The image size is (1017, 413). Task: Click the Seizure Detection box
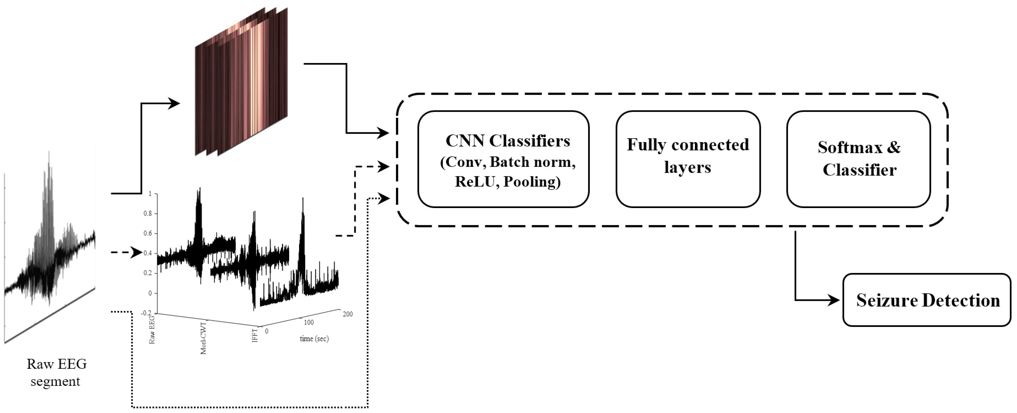point(927,300)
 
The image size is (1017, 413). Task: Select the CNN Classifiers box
point(503,159)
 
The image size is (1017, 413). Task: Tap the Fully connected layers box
point(688,159)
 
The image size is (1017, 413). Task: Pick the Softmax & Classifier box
point(859,159)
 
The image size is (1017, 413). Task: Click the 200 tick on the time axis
point(347,314)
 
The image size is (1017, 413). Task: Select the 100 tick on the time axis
point(308,322)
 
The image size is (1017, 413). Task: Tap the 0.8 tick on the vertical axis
point(148,213)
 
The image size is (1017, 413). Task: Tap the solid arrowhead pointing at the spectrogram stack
point(175,104)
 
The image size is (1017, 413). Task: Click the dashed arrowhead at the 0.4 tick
point(137,253)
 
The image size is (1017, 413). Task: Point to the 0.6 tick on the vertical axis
point(148,233)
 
